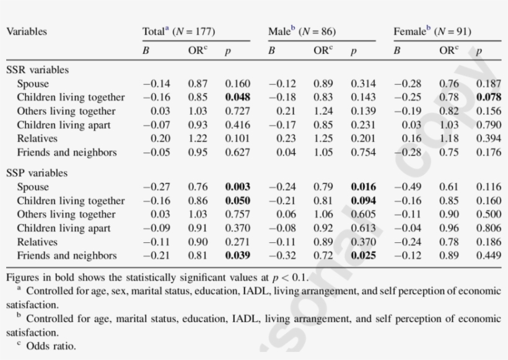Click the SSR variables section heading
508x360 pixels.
tap(37, 70)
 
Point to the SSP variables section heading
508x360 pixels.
tap(37, 173)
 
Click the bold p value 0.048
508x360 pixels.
tap(237, 97)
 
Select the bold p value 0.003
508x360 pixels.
tap(237, 187)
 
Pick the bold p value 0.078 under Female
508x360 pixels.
tap(489, 97)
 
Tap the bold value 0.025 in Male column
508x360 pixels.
tap(363, 255)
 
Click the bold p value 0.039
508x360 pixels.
tap(237, 255)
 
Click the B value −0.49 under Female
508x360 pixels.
tap(408, 187)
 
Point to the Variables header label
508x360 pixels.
tap(27, 31)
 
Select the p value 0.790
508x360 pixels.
tap(489, 125)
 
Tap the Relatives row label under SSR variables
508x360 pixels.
tap(37, 138)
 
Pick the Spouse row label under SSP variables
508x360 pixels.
tap(33, 187)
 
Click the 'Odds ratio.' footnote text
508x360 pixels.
tap(51, 346)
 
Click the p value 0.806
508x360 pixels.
tap(489, 228)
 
